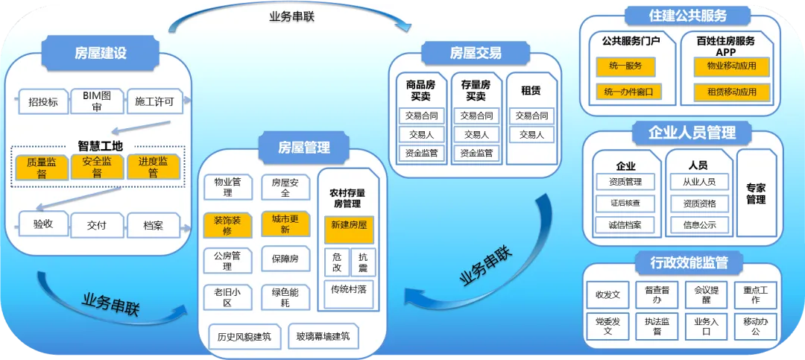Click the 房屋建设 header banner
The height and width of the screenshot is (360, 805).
[101, 53]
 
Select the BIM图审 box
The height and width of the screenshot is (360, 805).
[97, 101]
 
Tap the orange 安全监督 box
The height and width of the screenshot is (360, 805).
[97, 167]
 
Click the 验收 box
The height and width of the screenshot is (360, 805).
[43, 224]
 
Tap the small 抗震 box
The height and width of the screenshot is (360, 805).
[362, 262]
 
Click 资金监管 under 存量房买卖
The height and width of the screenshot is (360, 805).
[476, 153]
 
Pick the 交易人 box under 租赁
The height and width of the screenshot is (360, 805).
[531, 135]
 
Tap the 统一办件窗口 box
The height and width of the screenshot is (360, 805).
[628, 92]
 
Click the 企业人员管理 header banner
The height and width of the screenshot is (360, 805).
[681, 133]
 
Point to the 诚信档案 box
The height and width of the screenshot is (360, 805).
[625, 224]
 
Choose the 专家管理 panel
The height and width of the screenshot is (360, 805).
[756, 193]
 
